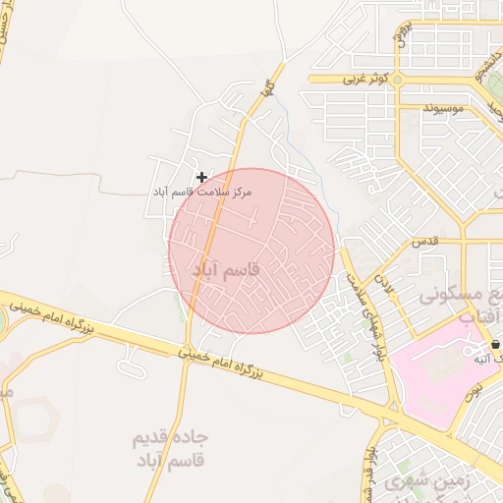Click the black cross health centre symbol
[201, 177]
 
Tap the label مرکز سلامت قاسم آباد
[202, 192]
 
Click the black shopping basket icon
[494, 345]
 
